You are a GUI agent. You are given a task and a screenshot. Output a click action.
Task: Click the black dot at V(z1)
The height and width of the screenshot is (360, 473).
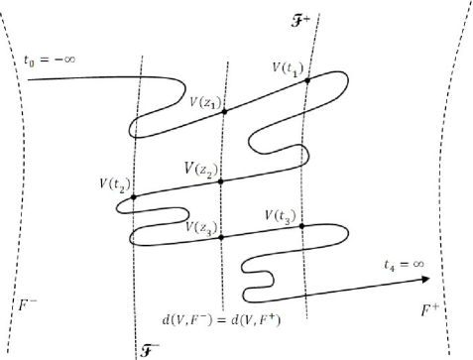(x=225, y=111)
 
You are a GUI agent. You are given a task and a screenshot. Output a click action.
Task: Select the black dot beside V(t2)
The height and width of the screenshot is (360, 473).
(x=134, y=196)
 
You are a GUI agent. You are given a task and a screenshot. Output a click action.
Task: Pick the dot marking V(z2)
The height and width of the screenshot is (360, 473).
(x=221, y=181)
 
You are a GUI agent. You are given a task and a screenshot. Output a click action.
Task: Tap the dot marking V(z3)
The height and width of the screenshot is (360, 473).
(x=220, y=237)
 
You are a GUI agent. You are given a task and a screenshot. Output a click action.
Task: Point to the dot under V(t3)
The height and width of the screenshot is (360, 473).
(x=300, y=227)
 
